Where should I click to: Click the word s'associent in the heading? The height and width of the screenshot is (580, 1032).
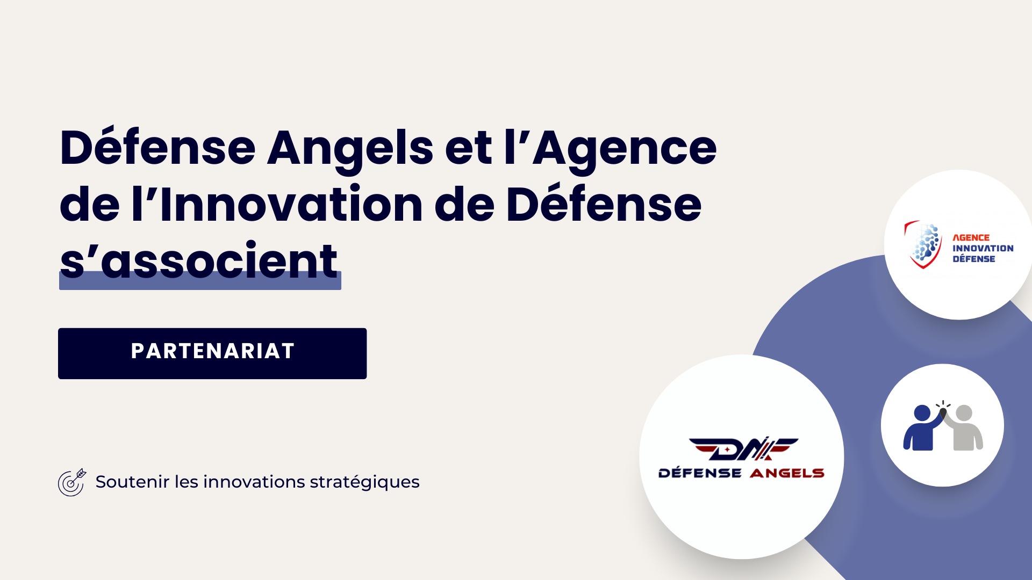[199, 262]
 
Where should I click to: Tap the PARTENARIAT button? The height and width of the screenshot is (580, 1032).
[212, 353]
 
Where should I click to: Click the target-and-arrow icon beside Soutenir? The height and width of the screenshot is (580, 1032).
[71, 482]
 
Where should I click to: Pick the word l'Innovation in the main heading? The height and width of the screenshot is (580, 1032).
[277, 205]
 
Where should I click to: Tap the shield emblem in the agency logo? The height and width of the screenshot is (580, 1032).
[923, 244]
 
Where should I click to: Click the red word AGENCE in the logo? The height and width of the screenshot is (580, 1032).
[971, 237]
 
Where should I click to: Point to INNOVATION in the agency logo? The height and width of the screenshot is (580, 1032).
[983, 248]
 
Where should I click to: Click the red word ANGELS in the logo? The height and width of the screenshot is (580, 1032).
[787, 473]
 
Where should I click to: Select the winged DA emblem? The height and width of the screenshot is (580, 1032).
[743, 449]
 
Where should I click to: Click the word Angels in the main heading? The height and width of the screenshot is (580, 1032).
[350, 148]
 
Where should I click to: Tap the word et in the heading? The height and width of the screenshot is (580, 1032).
[468, 148]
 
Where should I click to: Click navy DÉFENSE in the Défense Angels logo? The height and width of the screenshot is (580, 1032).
[700, 473]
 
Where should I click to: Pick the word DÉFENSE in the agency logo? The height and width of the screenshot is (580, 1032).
[973, 259]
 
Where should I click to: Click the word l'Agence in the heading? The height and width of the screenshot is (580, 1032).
[610, 148]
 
